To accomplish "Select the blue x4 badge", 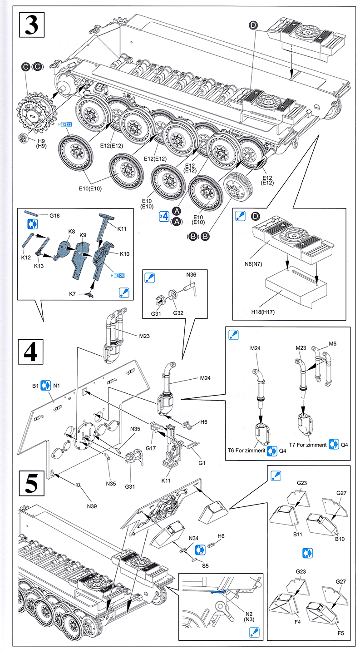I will point(164,216).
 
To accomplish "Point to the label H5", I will point(203,422).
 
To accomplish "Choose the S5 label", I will point(205,566).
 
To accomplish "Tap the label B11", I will point(298,535).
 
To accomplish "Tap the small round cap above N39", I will point(79,486).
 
